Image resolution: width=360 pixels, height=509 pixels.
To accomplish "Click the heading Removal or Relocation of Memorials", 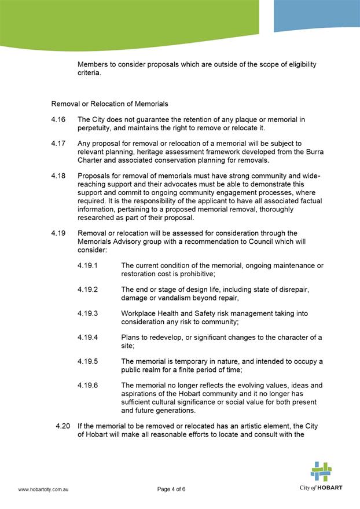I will pos(110,104).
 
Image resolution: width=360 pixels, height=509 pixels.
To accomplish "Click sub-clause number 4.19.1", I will pos(87,266).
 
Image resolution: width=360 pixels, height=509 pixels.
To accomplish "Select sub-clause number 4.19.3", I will pos(87,314).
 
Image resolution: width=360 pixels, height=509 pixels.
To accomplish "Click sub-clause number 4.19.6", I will pos(87,386).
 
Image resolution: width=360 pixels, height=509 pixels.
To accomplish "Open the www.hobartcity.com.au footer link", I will pos(44,489).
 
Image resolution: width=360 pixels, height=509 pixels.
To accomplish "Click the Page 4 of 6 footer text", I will pos(171,489).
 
